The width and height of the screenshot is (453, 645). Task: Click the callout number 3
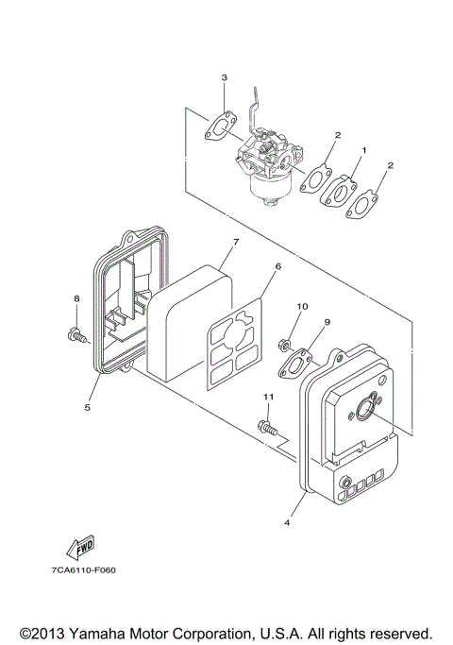click(224, 76)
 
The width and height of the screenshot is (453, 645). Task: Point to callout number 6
click(277, 267)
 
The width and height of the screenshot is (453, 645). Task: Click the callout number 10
click(304, 307)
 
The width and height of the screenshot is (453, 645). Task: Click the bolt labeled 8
click(75, 332)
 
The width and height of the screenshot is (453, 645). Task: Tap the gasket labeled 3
click(223, 124)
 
